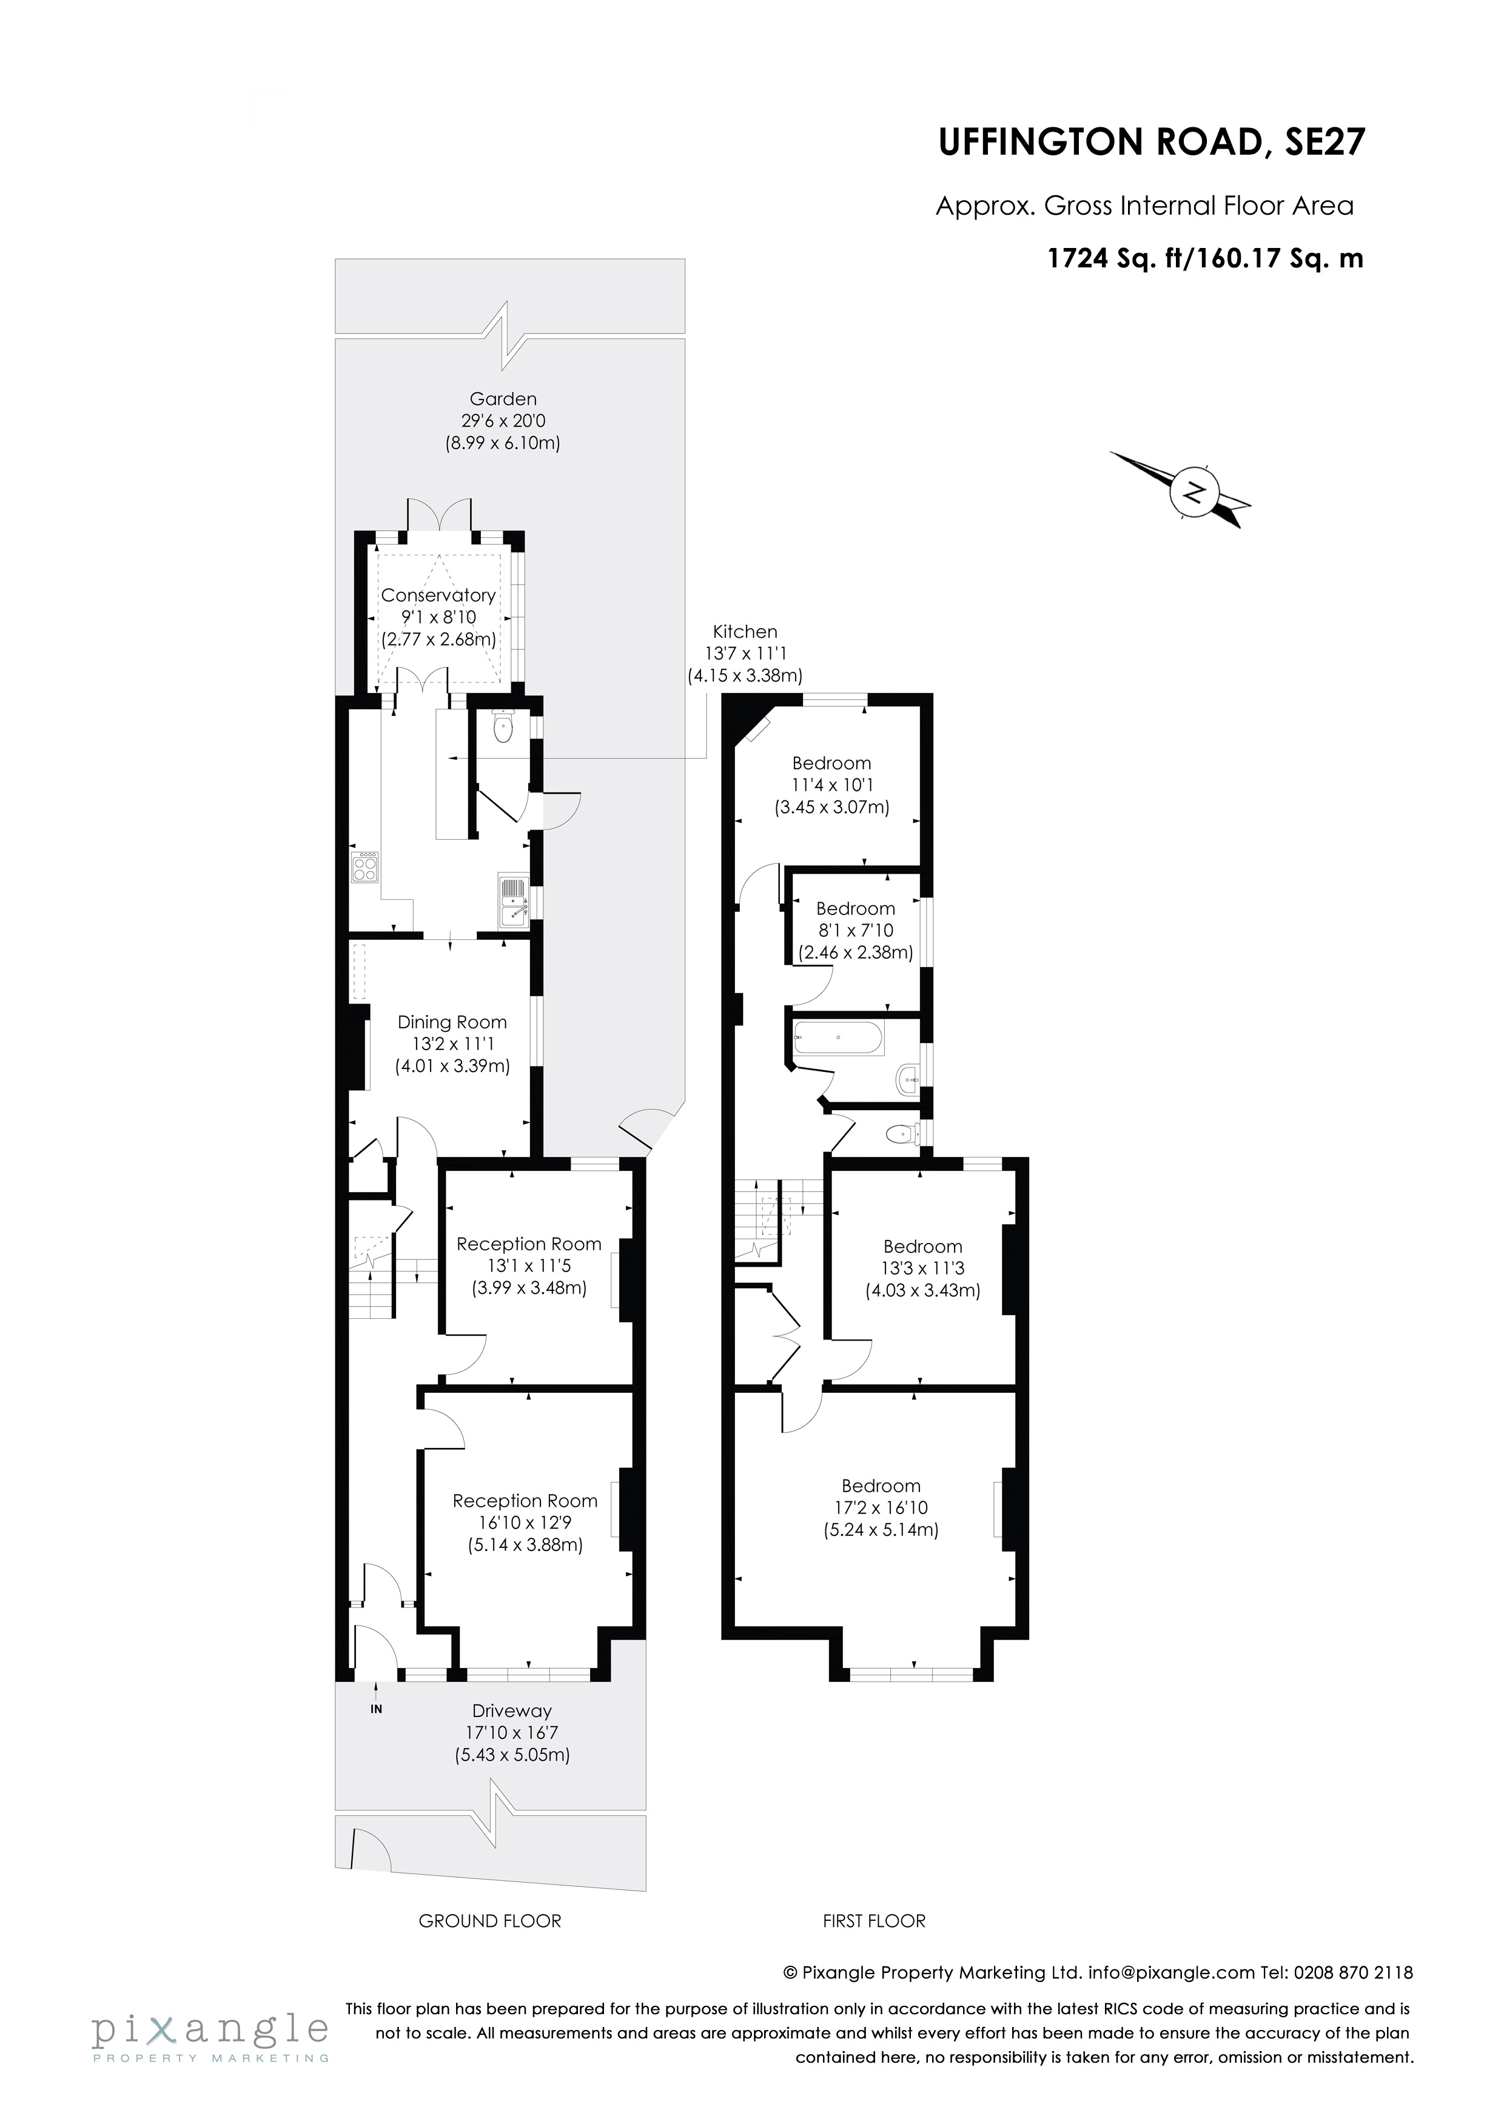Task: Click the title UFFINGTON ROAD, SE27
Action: click(1151, 142)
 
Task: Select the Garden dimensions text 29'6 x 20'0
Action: click(503, 421)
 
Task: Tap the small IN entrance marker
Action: click(376, 1709)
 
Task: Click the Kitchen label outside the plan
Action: click(745, 632)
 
